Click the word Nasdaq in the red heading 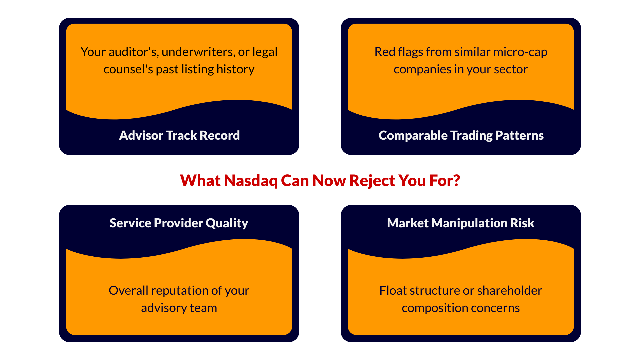click(x=250, y=181)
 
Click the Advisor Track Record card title click(x=179, y=135)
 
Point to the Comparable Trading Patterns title click(x=461, y=136)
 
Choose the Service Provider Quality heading click(x=179, y=223)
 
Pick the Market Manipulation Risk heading click(x=461, y=223)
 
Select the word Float click(x=393, y=291)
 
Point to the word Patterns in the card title click(x=519, y=136)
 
